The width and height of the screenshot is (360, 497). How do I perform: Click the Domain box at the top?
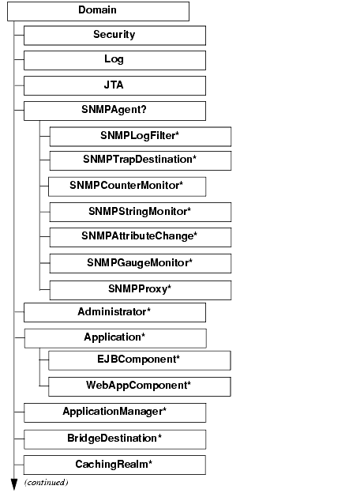(98, 11)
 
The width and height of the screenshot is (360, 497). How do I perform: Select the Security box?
(114, 36)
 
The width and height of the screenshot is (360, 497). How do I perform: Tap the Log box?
(114, 60)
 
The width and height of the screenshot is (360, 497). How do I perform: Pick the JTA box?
(114, 85)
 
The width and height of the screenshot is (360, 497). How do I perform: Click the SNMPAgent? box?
(114, 111)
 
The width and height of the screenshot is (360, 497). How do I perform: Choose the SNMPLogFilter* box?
(141, 137)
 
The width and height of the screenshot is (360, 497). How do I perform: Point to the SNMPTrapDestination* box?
(141, 160)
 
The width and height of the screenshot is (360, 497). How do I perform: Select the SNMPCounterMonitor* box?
(127, 186)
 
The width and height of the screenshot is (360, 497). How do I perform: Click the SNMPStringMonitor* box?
(141, 212)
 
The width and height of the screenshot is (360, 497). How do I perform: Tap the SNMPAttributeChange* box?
(141, 237)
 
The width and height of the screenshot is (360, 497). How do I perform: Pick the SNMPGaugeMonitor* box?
(141, 263)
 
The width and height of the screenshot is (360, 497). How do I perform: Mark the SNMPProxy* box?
(141, 290)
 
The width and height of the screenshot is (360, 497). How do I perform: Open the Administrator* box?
(114, 313)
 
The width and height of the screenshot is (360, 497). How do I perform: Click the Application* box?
(115, 338)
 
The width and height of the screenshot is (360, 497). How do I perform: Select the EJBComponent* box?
(139, 360)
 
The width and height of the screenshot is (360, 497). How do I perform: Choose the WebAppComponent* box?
(139, 386)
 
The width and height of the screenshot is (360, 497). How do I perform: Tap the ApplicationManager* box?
(114, 412)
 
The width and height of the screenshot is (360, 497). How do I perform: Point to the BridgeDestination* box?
(114, 439)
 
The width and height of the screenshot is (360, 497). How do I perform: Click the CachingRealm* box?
(114, 465)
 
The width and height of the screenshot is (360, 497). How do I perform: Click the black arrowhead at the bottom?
(14, 484)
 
